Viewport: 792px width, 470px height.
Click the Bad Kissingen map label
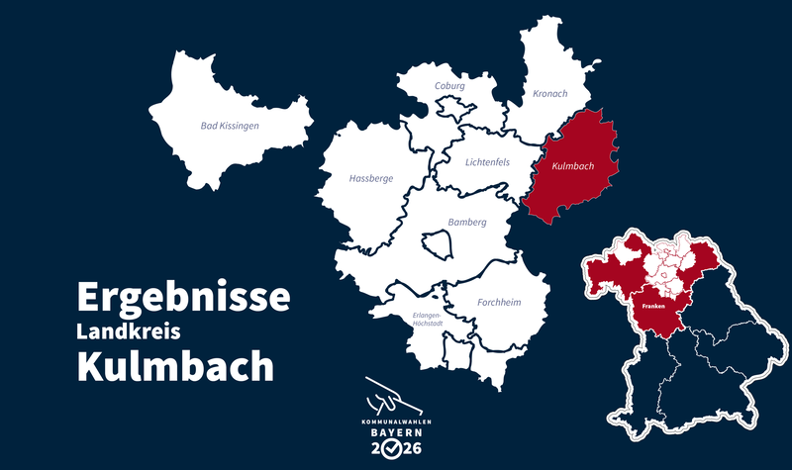[x=229, y=126]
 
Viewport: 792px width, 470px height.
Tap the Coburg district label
[x=449, y=86]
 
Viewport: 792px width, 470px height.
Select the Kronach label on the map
[x=550, y=93]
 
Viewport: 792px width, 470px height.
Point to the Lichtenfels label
[x=486, y=161]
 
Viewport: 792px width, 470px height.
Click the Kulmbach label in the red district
[x=572, y=166]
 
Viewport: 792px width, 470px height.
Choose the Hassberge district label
[x=370, y=179]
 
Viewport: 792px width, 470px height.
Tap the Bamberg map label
[x=466, y=223]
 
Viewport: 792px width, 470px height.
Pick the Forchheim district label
[x=499, y=303]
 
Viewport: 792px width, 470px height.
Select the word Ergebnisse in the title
[x=183, y=296]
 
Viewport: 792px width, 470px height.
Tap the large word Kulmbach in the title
[x=175, y=366]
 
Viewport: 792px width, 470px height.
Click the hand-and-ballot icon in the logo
[x=394, y=396]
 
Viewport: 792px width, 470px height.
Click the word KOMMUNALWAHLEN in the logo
[x=395, y=421]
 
